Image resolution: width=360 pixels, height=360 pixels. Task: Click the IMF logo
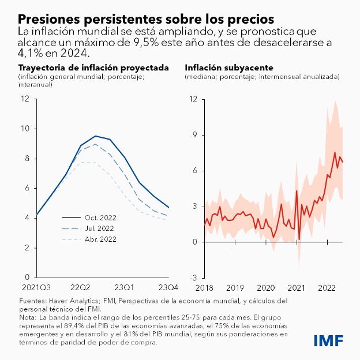(329, 340)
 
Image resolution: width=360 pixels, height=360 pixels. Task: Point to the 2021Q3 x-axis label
(36, 287)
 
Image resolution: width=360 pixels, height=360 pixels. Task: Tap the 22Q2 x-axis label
(80, 287)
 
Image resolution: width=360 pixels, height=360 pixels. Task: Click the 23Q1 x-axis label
(125, 287)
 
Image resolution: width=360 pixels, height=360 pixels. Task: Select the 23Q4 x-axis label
(168, 287)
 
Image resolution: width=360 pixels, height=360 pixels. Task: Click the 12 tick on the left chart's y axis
(24, 98)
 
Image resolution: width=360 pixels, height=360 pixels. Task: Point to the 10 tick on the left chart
(24, 128)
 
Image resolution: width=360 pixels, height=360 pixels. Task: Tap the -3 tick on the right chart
(194, 277)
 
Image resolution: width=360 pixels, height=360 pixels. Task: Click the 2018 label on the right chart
(205, 287)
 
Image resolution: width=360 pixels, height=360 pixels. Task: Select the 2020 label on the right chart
(266, 287)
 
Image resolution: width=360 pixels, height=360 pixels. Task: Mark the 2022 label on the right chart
(328, 287)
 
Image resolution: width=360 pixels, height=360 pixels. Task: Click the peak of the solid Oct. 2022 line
(95, 136)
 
